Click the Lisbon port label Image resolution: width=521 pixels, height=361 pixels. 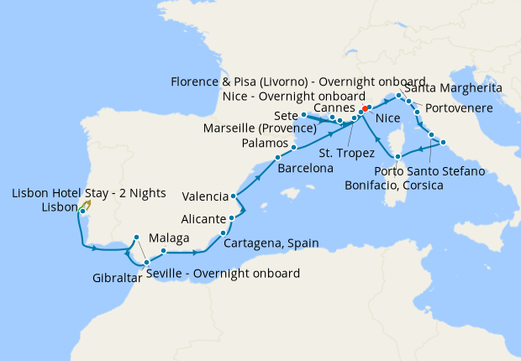57,207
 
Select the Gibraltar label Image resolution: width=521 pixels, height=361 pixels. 117,277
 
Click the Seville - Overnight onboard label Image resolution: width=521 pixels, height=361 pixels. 223,274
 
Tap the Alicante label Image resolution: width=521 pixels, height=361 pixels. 202,218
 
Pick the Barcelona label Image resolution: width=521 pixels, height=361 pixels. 303,167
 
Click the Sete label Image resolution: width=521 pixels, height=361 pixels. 286,114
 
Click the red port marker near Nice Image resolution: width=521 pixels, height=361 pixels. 363,110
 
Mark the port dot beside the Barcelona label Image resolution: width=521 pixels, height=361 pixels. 277,159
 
